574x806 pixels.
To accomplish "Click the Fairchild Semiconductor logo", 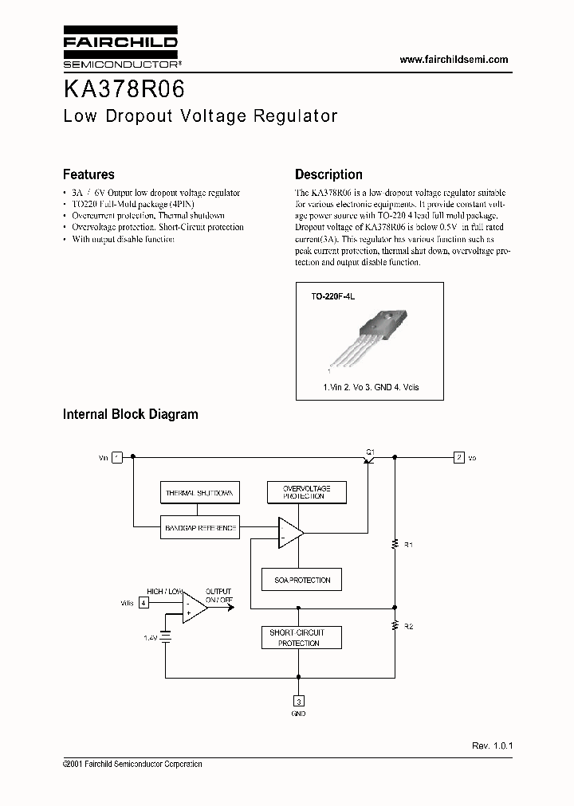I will coord(120,49).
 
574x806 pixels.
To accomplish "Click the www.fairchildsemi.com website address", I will coord(453,60).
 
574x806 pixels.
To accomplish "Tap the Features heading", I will coord(88,174).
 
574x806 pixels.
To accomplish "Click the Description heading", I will coord(328,174).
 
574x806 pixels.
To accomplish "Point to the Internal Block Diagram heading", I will coord(131,414).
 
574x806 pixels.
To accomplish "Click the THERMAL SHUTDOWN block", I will coord(199,493).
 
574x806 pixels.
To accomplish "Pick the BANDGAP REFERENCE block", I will coord(199,528).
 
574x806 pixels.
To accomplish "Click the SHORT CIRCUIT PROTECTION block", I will coord(299,638).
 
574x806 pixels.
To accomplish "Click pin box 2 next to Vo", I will coord(458,457).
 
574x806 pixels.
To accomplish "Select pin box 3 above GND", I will coord(299,702).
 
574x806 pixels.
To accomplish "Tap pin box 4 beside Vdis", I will coord(143,603).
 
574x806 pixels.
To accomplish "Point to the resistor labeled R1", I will coord(395,545).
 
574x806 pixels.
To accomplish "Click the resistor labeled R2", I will coord(395,627).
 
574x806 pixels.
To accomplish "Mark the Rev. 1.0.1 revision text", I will coord(493,745).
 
